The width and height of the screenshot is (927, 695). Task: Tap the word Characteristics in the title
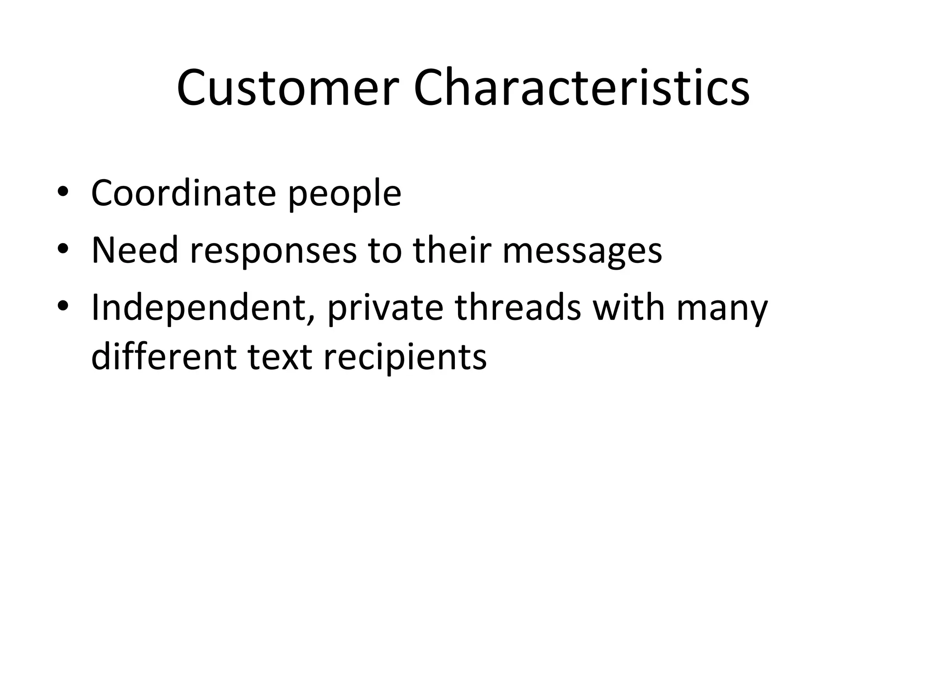click(x=581, y=88)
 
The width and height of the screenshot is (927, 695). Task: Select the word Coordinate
click(x=183, y=194)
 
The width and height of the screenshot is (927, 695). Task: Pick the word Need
click(x=135, y=250)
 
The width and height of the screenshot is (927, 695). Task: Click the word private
click(x=385, y=309)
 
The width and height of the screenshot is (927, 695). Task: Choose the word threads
click(x=518, y=308)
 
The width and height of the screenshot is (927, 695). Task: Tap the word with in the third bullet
click(x=628, y=308)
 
